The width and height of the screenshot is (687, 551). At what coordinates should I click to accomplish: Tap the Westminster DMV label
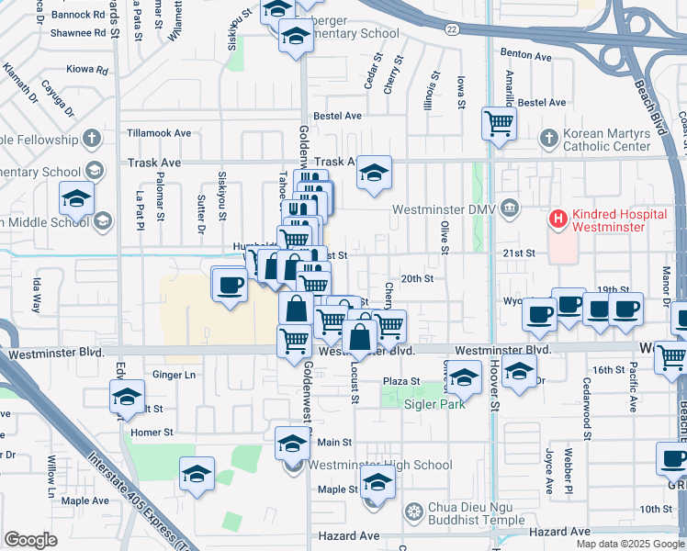point(444,209)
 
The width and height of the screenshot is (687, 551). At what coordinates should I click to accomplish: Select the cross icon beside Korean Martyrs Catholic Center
point(548,138)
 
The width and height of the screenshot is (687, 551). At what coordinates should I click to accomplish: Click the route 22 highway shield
point(451,29)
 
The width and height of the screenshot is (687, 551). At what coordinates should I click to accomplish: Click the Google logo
point(30,540)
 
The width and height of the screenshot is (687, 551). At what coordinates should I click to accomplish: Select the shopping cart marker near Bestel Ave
point(498,122)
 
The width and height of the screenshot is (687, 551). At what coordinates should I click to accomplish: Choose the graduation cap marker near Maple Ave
point(197,475)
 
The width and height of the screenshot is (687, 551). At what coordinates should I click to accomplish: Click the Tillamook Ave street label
point(159,133)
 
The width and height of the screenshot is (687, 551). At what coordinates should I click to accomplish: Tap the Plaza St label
point(400,381)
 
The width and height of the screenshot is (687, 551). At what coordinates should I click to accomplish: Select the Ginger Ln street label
point(175,375)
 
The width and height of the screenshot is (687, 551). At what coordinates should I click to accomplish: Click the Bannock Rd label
point(78,16)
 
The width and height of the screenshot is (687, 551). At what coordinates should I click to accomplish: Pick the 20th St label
point(416,278)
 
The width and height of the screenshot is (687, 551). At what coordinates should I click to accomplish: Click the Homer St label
point(152,433)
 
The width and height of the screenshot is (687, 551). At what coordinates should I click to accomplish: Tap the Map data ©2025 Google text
point(630,544)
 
